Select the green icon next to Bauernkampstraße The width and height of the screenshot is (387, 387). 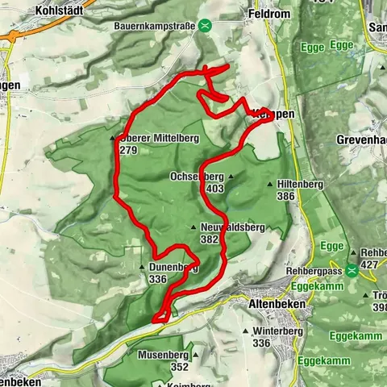[x=206, y=26]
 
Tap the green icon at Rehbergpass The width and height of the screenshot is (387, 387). [x=352, y=271]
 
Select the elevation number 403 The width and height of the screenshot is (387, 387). [x=214, y=188]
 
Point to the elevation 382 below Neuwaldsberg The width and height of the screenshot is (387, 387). [x=210, y=239]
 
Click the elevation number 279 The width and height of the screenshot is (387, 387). [x=127, y=150]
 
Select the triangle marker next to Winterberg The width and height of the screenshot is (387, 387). [x=244, y=331]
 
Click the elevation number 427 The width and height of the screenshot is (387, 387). [x=369, y=264]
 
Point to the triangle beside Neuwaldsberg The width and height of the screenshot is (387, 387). [x=194, y=227]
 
